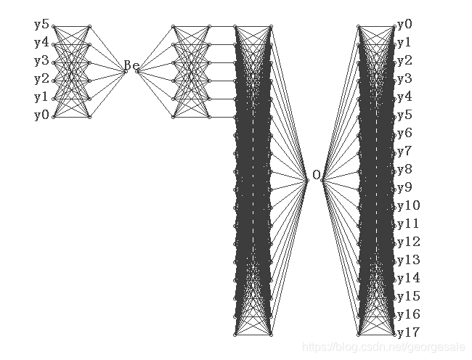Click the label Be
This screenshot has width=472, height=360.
[131, 65]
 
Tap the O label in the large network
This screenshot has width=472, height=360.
[316, 175]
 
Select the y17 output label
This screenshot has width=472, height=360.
[409, 333]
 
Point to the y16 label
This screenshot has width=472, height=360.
[409, 315]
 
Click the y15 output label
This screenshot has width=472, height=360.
[409, 297]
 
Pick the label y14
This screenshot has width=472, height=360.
[409, 279]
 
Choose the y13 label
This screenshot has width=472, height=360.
[409, 261]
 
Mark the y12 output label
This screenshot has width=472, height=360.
[409, 242]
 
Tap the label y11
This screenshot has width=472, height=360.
[409, 224]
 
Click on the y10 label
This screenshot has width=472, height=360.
[409, 206]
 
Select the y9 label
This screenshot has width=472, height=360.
[405, 188]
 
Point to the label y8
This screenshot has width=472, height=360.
[405, 170]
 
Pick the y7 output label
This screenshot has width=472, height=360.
[405, 152]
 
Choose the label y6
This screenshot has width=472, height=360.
[405, 134]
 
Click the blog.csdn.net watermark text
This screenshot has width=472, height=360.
[386, 348]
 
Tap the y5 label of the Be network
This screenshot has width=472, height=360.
[41, 25]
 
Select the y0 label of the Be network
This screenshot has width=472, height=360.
[41, 115]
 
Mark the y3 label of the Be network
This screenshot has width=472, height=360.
[41, 61]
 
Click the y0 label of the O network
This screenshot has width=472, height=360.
[405, 25]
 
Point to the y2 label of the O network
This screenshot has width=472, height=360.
[405, 61]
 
